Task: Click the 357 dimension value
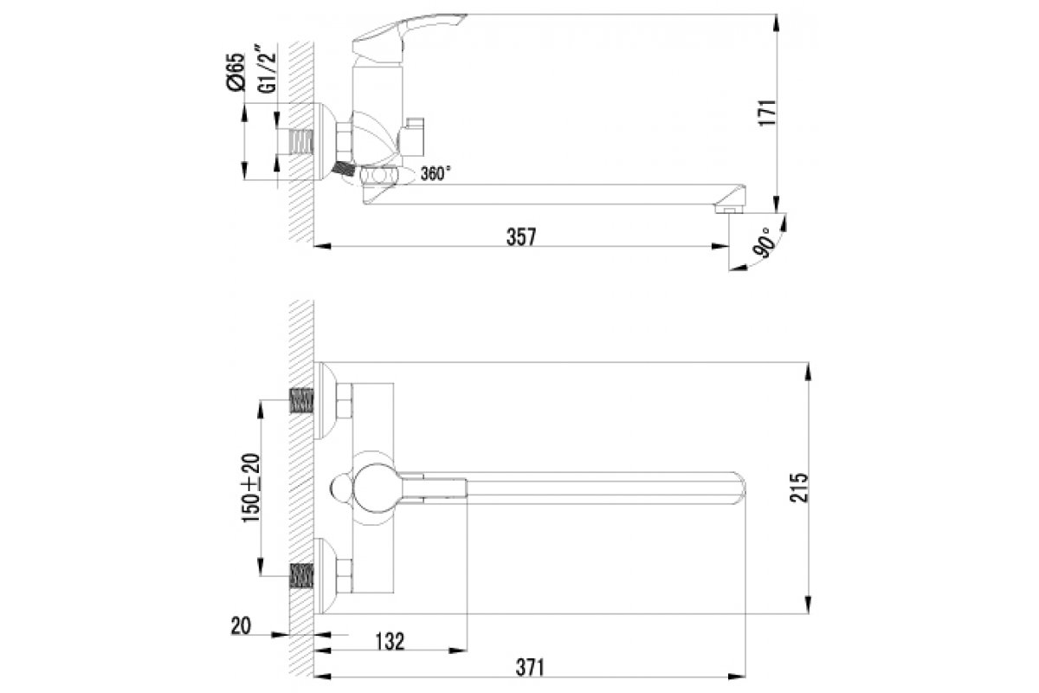click(521, 236)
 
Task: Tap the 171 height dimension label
click(767, 113)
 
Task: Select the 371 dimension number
click(529, 668)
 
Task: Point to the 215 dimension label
click(798, 488)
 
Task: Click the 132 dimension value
click(390, 642)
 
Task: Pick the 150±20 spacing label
click(252, 488)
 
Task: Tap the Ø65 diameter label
click(235, 72)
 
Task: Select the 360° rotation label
click(436, 173)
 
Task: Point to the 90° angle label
click(763, 243)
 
